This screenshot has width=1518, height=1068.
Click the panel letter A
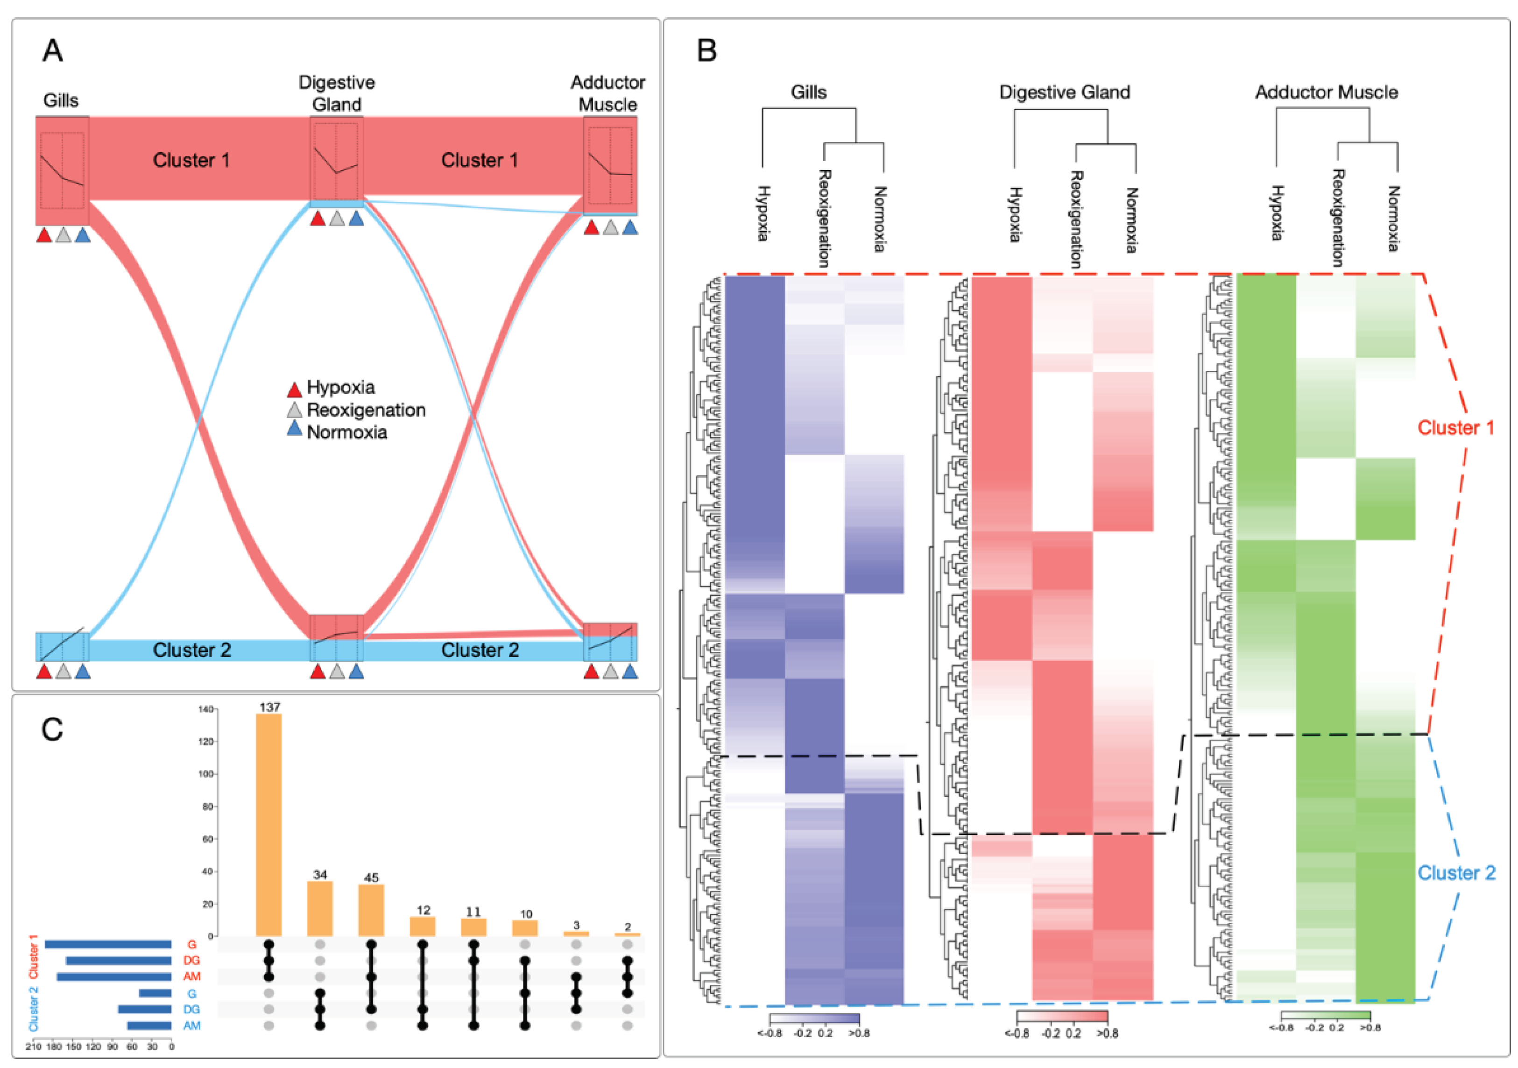tap(53, 51)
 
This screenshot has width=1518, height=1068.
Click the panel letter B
tap(707, 51)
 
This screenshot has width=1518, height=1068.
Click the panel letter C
tap(52, 730)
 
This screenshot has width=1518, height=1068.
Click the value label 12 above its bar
tap(423, 910)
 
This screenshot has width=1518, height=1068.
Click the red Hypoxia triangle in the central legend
tap(294, 389)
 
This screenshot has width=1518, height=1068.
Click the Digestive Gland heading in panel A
tap(337, 93)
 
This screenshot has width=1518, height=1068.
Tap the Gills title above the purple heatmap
tap(809, 92)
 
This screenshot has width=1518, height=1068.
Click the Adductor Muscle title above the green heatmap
tap(1326, 92)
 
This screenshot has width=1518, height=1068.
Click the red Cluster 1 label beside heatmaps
tap(1456, 428)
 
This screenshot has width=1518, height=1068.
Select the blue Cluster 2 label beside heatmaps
tap(1456, 873)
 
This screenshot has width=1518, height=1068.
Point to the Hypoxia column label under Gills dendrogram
tap(763, 213)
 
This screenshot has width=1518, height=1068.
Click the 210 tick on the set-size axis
tap(33, 1047)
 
